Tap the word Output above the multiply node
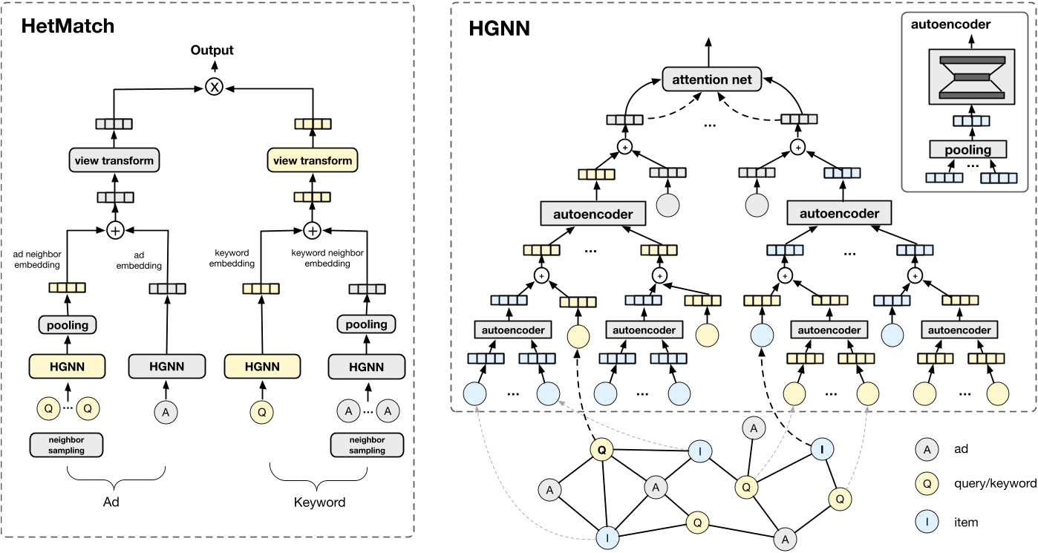click(212, 50)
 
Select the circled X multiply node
click(215, 88)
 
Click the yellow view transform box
click(312, 160)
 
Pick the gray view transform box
click(114, 160)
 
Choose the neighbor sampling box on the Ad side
click(68, 445)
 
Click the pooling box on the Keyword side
click(366, 324)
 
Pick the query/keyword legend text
click(995, 483)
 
